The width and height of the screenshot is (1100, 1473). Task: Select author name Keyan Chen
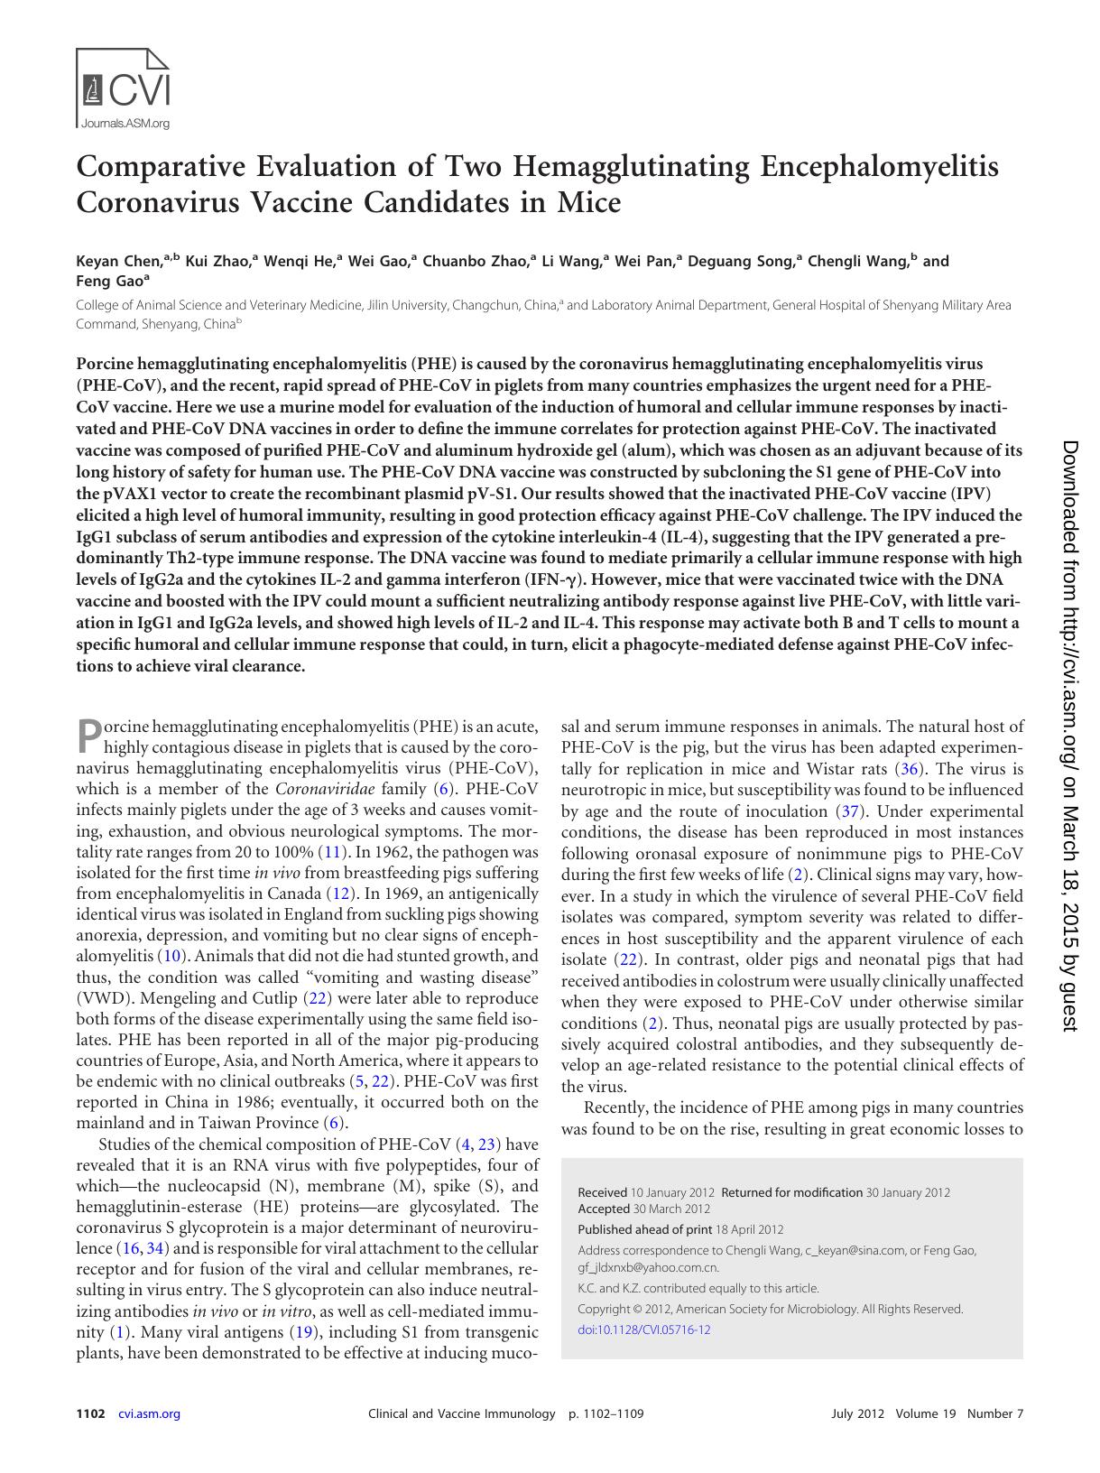click(x=118, y=262)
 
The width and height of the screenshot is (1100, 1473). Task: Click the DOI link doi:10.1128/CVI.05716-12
click(x=643, y=1329)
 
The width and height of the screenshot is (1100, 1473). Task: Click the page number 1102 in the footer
click(x=91, y=1413)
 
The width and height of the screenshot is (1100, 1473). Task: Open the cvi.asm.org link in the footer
click(x=149, y=1413)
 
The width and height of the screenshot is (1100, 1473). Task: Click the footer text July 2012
click(x=857, y=1413)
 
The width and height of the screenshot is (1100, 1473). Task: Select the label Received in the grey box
click(x=603, y=1192)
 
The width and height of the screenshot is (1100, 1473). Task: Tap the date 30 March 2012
click(x=671, y=1209)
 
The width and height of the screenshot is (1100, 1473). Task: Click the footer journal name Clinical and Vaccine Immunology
click(x=461, y=1413)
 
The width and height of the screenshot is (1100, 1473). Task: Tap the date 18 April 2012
click(x=749, y=1229)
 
